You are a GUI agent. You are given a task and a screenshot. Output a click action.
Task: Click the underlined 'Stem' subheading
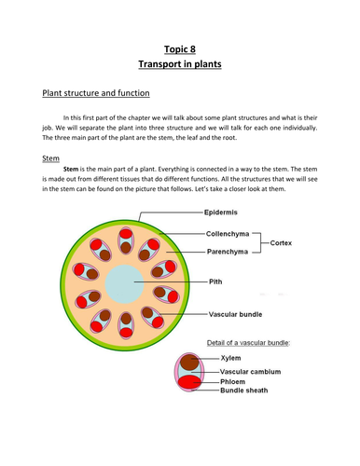coord(51,158)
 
